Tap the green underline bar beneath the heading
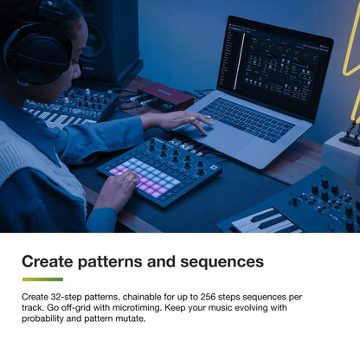click(42, 280)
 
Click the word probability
click(48, 318)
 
